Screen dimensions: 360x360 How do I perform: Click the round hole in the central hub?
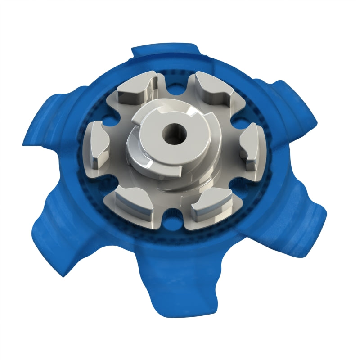coord(173,134)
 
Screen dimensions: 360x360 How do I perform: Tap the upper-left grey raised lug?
coord(135,90)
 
